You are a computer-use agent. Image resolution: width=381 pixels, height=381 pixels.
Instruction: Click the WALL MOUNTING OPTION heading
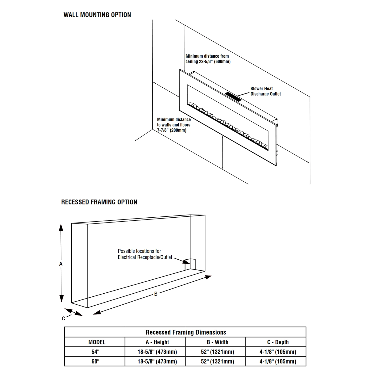(x=97, y=15)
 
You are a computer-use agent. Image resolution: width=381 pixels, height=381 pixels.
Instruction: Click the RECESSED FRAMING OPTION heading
(x=99, y=202)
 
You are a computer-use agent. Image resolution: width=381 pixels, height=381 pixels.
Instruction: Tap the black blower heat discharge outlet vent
(x=233, y=97)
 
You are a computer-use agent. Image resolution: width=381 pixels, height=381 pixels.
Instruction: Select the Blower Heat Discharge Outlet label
(x=265, y=91)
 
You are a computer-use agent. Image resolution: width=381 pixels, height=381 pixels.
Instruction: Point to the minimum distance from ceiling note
(x=208, y=59)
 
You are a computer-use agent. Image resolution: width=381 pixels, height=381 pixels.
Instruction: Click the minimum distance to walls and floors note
(x=174, y=125)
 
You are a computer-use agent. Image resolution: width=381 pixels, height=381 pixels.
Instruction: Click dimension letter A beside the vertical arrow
(x=61, y=264)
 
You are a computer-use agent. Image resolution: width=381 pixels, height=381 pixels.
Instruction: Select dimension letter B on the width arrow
(x=156, y=294)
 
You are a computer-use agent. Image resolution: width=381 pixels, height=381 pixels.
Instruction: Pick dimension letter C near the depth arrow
(x=63, y=319)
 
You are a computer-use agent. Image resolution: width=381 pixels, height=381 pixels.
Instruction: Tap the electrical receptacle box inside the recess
(x=190, y=264)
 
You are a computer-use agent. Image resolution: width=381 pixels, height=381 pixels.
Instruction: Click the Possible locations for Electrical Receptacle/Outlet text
(x=145, y=254)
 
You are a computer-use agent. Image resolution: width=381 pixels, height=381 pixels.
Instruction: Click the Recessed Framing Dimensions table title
(x=186, y=332)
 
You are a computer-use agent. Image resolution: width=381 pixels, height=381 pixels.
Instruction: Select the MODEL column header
(x=97, y=342)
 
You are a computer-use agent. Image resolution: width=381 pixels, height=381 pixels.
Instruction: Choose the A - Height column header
(x=157, y=342)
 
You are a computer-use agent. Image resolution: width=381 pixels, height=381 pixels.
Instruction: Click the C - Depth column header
(x=278, y=342)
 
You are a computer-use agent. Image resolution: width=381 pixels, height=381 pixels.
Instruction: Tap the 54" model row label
(x=96, y=352)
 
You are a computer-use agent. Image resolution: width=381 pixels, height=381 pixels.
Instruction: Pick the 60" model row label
(x=96, y=361)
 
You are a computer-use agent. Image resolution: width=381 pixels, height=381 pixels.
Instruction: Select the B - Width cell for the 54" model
(x=217, y=352)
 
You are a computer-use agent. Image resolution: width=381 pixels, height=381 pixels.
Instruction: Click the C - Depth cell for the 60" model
(x=278, y=361)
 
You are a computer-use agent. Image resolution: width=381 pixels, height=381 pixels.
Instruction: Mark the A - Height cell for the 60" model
(x=157, y=361)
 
